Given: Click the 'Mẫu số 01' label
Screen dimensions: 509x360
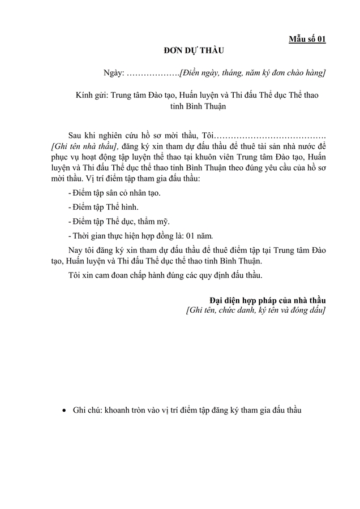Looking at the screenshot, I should pyautogui.click(x=307, y=39).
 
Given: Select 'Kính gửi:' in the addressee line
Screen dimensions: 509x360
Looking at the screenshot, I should pyautogui.click(x=92, y=95).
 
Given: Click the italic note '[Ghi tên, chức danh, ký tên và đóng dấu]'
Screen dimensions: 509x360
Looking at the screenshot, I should pyautogui.click(x=256, y=310).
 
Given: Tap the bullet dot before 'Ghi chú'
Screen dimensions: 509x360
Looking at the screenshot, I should pyautogui.click(x=64, y=411).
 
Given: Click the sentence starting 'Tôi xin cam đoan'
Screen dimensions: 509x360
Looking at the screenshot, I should pyautogui.click(x=165, y=275).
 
